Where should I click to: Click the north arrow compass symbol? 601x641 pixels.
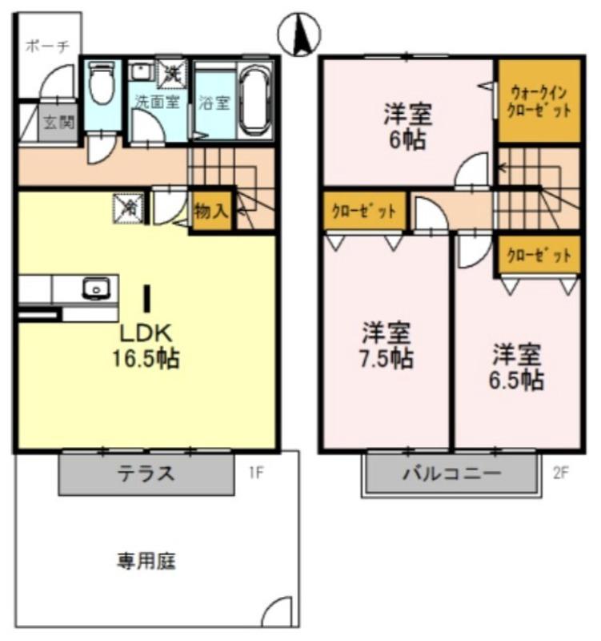click(299, 34)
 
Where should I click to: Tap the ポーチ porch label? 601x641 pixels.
click(46, 46)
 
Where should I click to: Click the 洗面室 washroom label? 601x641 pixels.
click(156, 102)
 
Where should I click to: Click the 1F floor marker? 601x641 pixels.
click(254, 473)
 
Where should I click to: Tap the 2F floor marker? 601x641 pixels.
click(559, 473)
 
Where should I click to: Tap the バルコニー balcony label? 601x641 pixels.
click(451, 473)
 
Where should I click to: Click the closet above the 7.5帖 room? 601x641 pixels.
click(363, 212)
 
